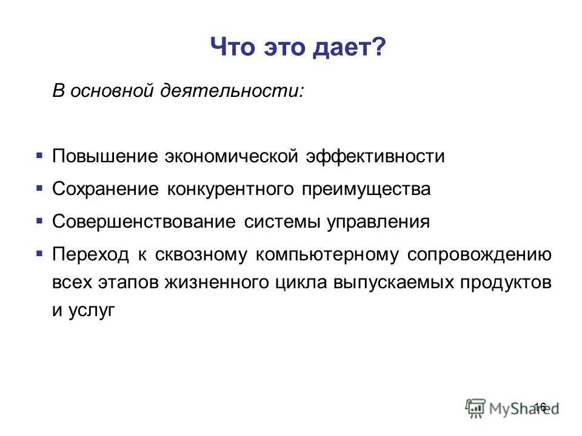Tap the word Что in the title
pyautogui.click(x=233, y=47)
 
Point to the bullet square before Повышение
pyautogui.click(x=39, y=156)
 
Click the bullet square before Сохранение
pyautogui.click(x=39, y=188)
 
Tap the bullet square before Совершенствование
pyautogui.click(x=39, y=221)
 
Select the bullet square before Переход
pyautogui.click(x=39, y=254)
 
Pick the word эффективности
pyautogui.click(x=375, y=157)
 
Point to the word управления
pyautogui.click(x=378, y=222)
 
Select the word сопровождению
pyautogui.click(x=479, y=255)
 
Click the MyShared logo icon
pyautogui.click(x=476, y=407)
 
